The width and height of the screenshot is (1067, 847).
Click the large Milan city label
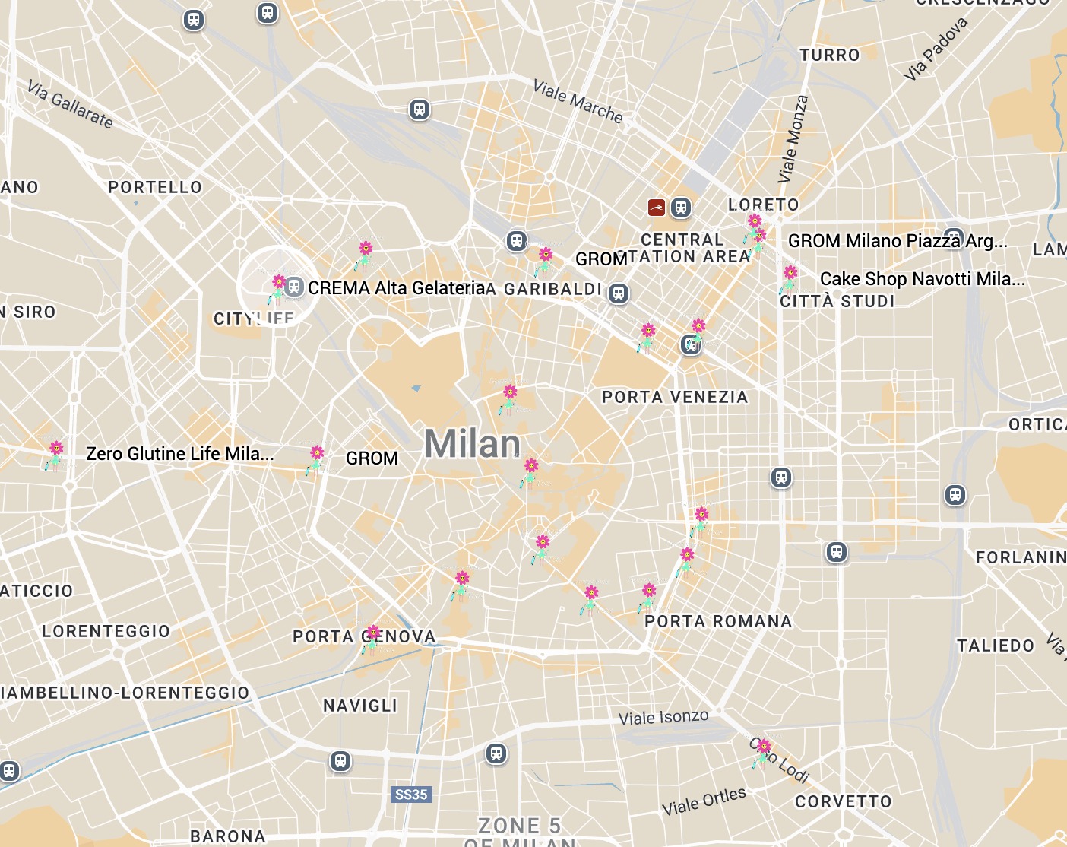(x=472, y=443)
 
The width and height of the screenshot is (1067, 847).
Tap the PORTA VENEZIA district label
(x=675, y=397)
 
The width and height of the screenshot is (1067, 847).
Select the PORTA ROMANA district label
(x=718, y=621)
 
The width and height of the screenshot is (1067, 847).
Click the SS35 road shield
(x=411, y=795)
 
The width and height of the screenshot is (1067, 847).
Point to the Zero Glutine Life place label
(x=179, y=454)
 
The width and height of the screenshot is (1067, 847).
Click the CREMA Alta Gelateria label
(x=396, y=288)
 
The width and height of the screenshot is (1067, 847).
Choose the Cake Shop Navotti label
(x=922, y=279)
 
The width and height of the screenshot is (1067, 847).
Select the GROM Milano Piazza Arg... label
(x=897, y=241)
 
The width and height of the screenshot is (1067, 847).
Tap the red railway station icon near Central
(x=657, y=207)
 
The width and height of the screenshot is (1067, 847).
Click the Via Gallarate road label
(x=70, y=105)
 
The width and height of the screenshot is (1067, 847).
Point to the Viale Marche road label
(x=578, y=101)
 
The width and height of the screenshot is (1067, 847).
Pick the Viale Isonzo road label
(x=663, y=717)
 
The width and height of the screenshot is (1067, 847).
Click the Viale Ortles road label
(x=704, y=801)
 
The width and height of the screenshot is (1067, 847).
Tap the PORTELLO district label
(x=155, y=187)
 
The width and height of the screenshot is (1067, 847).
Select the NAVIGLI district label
(x=360, y=706)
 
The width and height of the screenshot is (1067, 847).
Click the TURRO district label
(x=829, y=55)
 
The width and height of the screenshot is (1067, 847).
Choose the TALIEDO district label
(x=996, y=646)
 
